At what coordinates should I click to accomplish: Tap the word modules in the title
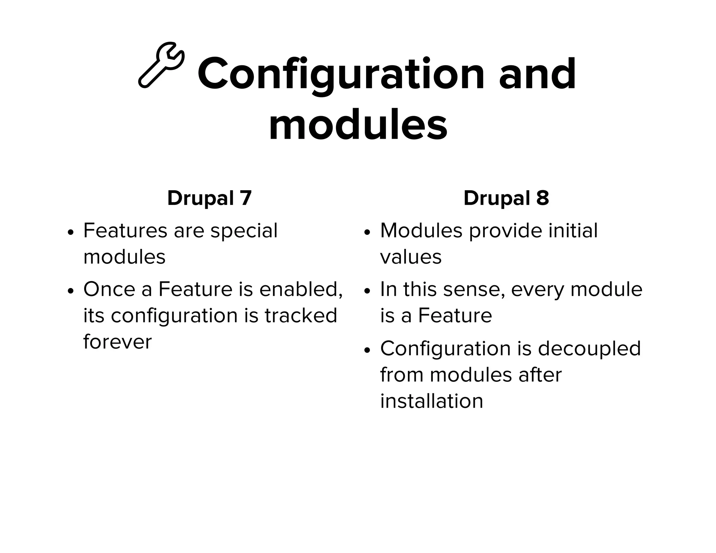[x=358, y=124]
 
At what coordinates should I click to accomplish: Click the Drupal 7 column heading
[x=209, y=198]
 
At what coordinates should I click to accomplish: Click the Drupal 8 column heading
[x=506, y=198]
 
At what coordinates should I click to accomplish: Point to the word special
[x=244, y=231]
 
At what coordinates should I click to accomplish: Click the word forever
[x=117, y=342]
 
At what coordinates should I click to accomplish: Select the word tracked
[x=301, y=315]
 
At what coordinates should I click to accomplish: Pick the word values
[x=411, y=257]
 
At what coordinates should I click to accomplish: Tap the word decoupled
[x=589, y=349]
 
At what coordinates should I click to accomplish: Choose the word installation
[x=431, y=401]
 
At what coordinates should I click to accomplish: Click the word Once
[x=109, y=289]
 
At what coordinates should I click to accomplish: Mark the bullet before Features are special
[x=71, y=232]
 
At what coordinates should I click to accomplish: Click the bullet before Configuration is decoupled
[x=367, y=350]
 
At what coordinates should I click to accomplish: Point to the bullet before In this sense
[x=367, y=291]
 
